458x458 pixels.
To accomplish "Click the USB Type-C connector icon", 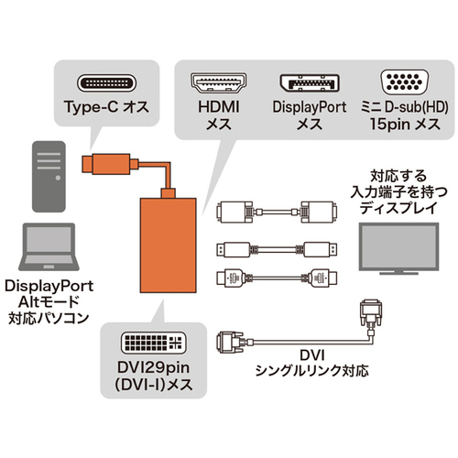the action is click(106, 82).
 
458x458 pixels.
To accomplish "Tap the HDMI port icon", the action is click(219, 82).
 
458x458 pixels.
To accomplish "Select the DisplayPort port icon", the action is click(310, 82).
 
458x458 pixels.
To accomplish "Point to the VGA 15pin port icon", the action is click(404, 82).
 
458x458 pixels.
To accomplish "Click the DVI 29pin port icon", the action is click(154, 343).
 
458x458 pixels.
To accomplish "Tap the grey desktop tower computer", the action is click(49, 177).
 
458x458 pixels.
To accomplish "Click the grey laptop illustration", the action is click(49, 246).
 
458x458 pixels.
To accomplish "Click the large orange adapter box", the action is click(169, 245).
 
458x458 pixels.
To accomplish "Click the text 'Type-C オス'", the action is click(106, 107).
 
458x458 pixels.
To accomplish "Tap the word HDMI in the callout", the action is click(219, 107).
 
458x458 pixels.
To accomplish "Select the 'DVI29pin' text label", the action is click(153, 367).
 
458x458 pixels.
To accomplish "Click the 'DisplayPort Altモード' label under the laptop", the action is click(49, 294).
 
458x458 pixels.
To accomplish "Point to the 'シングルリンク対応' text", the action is click(311, 371).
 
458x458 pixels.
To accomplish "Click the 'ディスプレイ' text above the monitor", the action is click(398, 208).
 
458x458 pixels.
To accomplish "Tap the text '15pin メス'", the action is click(405, 125).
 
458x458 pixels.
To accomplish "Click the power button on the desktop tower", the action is click(58, 178).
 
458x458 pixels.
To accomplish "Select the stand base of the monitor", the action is click(398, 273).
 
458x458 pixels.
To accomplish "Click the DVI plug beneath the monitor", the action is click(371, 313).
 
